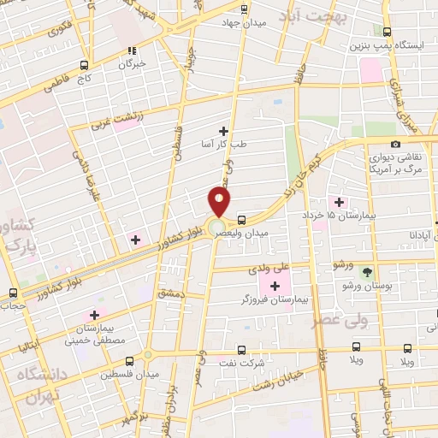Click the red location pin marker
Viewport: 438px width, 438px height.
219,202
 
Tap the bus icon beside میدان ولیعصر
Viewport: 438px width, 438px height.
242,219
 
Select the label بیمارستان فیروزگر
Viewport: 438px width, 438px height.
274,301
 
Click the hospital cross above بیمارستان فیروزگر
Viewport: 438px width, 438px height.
275,286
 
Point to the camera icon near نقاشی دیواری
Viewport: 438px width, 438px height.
394,144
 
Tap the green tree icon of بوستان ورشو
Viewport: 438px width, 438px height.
367,272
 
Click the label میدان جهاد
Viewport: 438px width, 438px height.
244,23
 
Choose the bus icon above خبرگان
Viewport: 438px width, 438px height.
132,50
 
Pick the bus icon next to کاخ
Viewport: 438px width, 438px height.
84,64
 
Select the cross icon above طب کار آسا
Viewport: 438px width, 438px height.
224,130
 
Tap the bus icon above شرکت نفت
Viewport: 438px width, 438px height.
240,349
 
